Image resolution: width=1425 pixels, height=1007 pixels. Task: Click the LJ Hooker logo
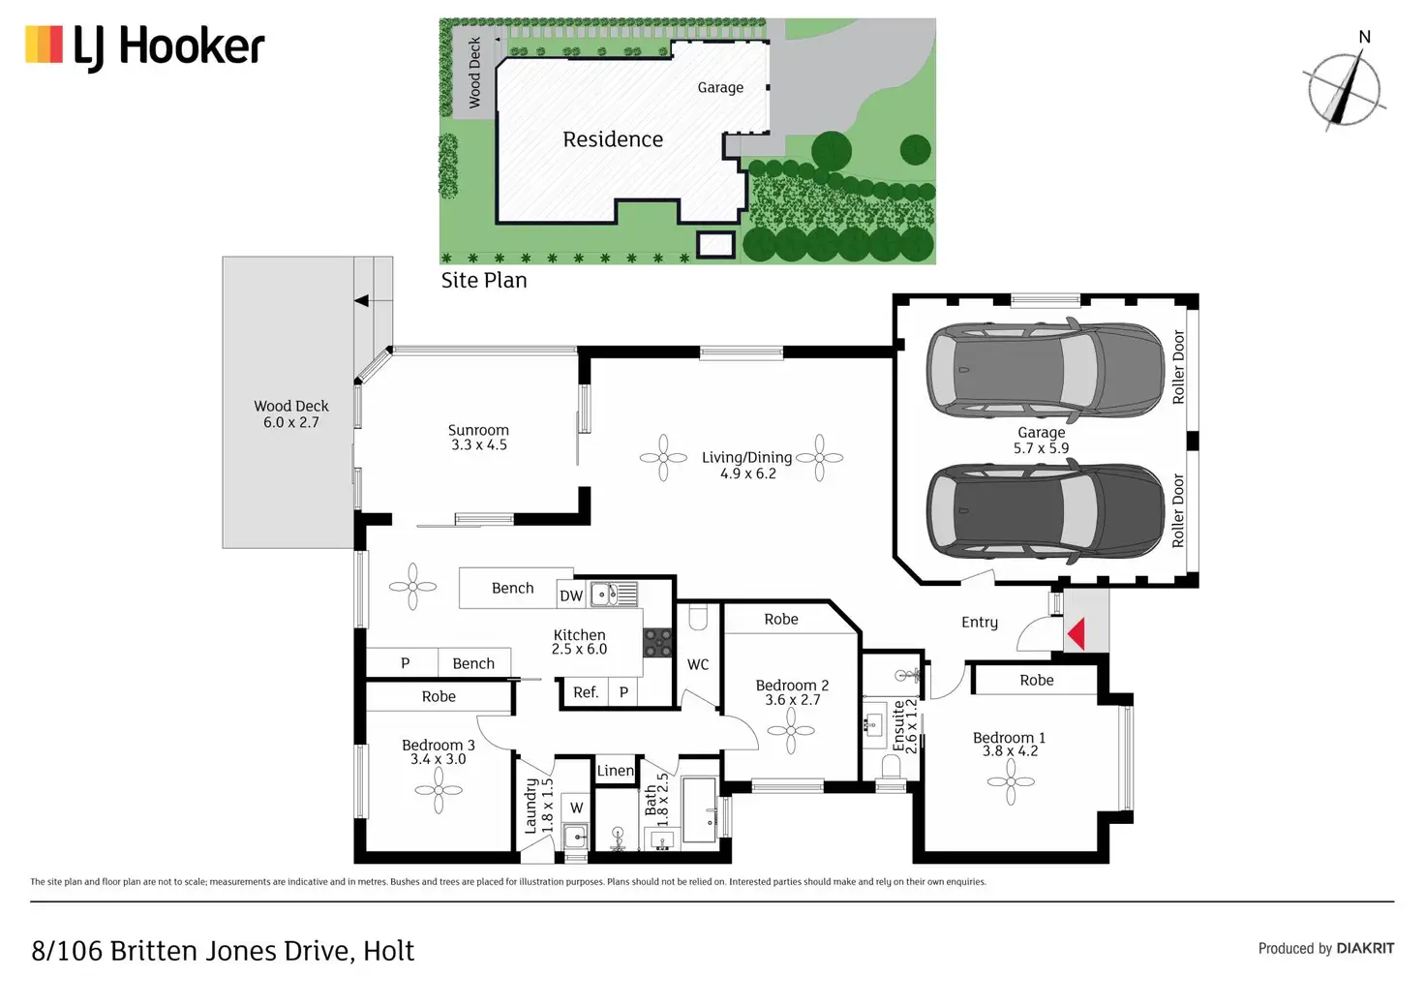tap(145, 46)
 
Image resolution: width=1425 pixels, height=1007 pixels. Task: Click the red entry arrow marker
tap(1076, 634)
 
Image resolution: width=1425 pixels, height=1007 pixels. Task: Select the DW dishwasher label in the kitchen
tap(571, 595)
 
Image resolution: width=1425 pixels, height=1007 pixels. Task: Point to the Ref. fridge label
tap(585, 692)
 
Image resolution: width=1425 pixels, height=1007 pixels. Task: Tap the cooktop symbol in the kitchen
tap(658, 643)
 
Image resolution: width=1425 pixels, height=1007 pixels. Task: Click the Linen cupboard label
tap(615, 771)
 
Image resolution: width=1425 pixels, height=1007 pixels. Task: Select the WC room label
tap(698, 664)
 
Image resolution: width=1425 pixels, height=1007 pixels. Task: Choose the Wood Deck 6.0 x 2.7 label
tap(291, 414)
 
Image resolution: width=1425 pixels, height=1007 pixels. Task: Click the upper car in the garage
tap(1046, 368)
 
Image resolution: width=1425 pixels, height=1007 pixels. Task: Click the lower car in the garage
tap(1046, 510)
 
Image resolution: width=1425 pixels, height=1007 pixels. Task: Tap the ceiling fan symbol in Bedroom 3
tap(439, 790)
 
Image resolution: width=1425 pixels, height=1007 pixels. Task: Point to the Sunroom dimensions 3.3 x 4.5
tap(479, 445)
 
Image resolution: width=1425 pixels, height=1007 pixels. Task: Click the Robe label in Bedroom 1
tap(1036, 680)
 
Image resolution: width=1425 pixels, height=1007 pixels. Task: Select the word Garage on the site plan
tap(720, 87)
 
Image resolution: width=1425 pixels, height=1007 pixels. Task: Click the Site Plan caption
tap(484, 281)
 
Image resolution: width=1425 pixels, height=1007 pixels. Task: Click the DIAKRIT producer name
tap(1365, 948)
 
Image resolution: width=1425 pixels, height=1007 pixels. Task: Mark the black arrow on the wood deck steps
tap(361, 301)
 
